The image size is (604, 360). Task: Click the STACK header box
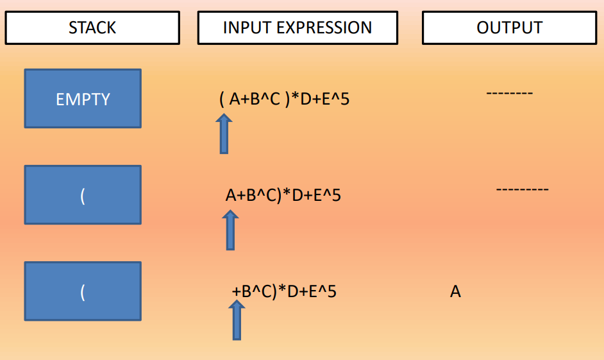tap(92, 28)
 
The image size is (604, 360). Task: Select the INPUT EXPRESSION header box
tap(298, 28)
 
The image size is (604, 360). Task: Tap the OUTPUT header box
tap(509, 28)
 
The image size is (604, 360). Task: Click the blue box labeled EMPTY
tap(83, 99)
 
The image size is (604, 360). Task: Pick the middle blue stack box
tap(83, 195)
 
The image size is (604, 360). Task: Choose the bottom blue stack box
tap(83, 291)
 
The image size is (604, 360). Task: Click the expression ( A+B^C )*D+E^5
tap(284, 99)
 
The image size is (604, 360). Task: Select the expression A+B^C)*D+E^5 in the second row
tap(283, 195)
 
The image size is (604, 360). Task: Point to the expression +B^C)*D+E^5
tap(284, 291)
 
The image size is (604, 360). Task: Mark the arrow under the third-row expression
tap(237, 320)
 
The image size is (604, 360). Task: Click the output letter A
tap(455, 292)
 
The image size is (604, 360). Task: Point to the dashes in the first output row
tap(509, 94)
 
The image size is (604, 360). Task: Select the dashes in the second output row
tap(522, 190)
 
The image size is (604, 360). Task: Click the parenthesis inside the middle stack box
tap(83, 196)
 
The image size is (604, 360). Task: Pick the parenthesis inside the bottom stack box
tap(83, 292)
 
